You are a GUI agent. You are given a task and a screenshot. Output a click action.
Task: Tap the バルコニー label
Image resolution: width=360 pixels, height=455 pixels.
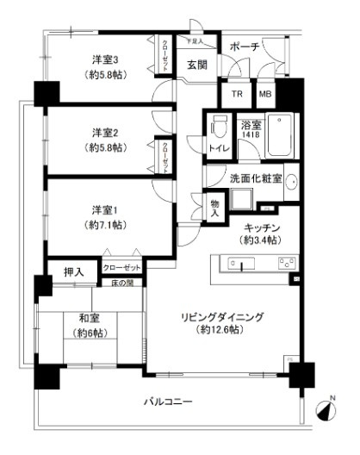(x=169, y=402)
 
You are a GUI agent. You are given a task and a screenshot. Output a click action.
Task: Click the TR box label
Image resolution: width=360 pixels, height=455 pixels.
(x=236, y=93)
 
